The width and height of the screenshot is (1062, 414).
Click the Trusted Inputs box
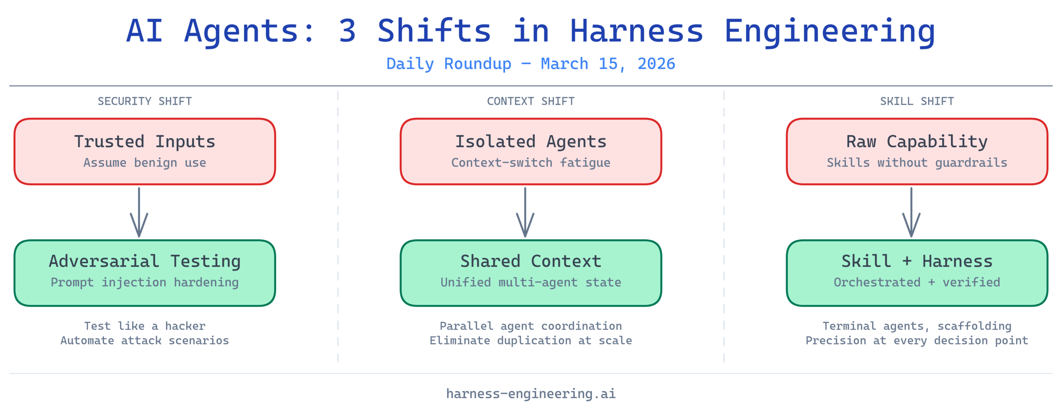(x=145, y=151)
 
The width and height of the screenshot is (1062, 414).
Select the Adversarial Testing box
(x=145, y=273)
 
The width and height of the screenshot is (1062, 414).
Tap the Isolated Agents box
(x=531, y=151)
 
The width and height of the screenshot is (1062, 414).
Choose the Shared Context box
(x=531, y=273)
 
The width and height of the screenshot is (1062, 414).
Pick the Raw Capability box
(x=917, y=151)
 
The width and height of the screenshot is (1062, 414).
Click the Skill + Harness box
(x=917, y=273)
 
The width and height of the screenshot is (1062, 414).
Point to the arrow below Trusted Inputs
(x=139, y=212)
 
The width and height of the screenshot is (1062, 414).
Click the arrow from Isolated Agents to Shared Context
(x=525, y=212)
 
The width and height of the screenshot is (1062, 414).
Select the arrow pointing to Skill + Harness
(x=911, y=212)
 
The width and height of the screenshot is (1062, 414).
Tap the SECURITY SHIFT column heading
(x=145, y=101)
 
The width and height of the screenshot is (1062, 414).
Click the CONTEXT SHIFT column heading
(x=531, y=101)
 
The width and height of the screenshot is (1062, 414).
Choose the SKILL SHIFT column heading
(x=917, y=101)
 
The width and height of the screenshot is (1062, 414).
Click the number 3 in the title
(x=347, y=31)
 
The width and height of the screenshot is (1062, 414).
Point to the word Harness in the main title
(x=637, y=31)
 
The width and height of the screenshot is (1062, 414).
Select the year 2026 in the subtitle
(x=656, y=64)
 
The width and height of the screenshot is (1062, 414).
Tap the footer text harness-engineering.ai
(x=531, y=393)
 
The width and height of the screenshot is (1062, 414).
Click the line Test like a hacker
(x=145, y=326)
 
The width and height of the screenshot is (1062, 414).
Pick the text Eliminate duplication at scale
(x=531, y=341)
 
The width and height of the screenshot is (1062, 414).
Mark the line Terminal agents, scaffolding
(x=917, y=326)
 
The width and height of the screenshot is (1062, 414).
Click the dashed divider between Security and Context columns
(x=338, y=226)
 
